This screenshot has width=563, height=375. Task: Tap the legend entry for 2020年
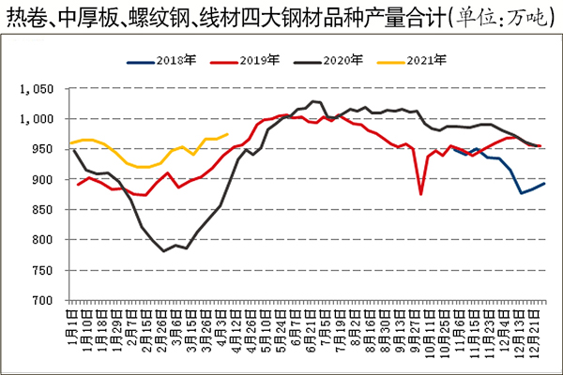334,61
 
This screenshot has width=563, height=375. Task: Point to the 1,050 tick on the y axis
41,89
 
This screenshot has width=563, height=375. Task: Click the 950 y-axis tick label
47,149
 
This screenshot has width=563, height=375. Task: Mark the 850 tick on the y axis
47,209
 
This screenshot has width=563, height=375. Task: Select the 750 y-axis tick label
47,270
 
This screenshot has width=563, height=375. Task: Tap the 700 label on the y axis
47,300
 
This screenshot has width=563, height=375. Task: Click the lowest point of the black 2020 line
164,251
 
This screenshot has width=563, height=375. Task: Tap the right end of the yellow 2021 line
228,134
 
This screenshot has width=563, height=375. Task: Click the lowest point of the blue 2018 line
522,193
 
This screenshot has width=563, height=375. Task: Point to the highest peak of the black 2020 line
313,101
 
